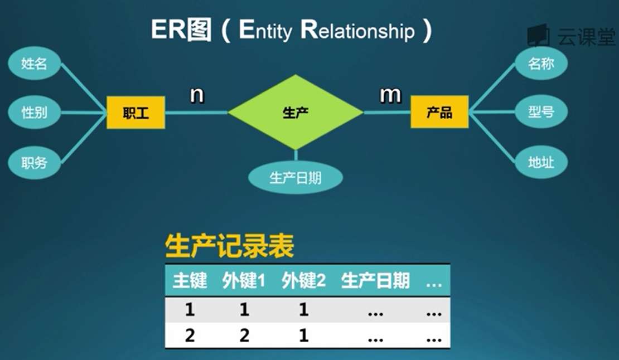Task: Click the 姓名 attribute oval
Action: tap(34, 64)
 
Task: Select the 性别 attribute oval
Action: tap(34, 113)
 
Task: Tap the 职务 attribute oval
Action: tap(34, 163)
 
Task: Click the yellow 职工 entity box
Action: tap(136, 113)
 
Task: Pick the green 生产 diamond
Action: tap(296, 113)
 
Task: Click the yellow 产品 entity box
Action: tap(439, 113)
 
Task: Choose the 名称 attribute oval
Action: tap(541, 63)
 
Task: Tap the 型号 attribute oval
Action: tap(541, 112)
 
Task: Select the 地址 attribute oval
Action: tap(541, 162)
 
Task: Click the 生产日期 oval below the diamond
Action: tap(295, 178)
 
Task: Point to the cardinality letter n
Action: tap(196, 95)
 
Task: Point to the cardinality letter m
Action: tap(390, 95)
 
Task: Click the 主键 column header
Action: tap(190, 281)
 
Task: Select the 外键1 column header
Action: tap(244, 281)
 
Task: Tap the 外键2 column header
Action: tap(303, 281)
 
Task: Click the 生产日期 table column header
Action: tap(375, 281)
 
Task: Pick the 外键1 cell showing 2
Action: tap(244, 337)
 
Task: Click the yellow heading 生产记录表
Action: tap(229, 247)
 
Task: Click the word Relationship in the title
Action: tap(357, 31)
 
